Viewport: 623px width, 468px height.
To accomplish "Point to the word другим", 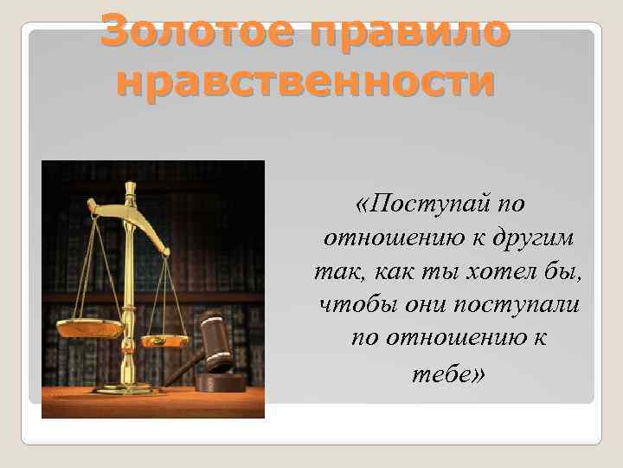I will pyautogui.click(x=538, y=237).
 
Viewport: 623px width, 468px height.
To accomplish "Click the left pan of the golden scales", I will pyautogui.click(x=91, y=328).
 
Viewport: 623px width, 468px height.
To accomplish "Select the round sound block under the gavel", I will pyautogui.click(x=220, y=381).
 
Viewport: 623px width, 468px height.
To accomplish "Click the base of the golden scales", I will pyautogui.click(x=130, y=388).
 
